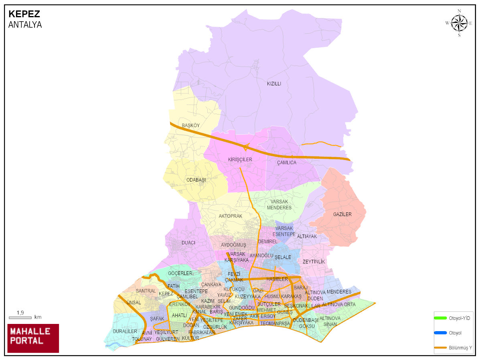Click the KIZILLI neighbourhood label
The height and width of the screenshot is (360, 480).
click(274, 84)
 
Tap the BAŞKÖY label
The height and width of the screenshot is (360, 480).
click(190, 125)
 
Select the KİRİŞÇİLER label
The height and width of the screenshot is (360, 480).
click(240, 160)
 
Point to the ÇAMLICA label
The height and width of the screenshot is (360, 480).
click(287, 163)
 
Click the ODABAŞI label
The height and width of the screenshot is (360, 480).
click(196, 180)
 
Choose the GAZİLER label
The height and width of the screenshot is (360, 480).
click(342, 214)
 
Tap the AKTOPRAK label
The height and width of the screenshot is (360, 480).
click(230, 216)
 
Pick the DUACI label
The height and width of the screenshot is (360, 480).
click(188, 243)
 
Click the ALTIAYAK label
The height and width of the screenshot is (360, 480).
click(307, 237)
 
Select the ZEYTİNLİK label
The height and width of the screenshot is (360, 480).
click(314, 262)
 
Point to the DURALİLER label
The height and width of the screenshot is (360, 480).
click(125, 332)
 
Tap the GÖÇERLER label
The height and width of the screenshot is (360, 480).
click(180, 273)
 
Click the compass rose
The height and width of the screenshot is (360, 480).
click(459, 23)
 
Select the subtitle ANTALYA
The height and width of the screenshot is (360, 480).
click(25, 25)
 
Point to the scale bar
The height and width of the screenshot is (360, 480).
click(20, 318)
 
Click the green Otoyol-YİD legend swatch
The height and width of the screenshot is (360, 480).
click(440, 318)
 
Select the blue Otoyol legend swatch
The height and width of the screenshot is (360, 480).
click(440, 333)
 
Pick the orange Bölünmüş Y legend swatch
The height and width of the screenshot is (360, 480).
click(440, 347)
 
